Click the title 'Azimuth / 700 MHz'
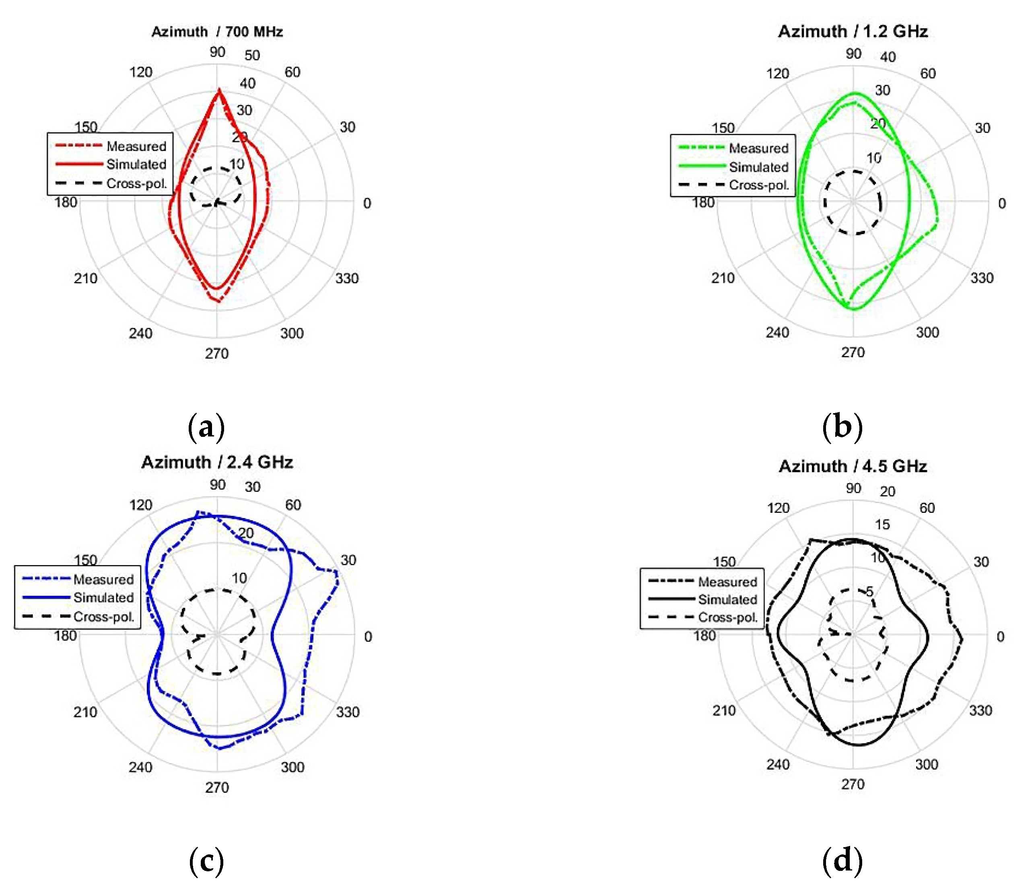coord(217,32)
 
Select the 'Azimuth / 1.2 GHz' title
coord(853,31)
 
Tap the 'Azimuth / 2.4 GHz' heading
coord(217,463)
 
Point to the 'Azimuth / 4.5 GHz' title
coord(853,467)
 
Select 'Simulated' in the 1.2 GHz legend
coord(758,167)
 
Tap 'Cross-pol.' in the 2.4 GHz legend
coord(104,617)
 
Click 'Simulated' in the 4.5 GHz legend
coord(727,600)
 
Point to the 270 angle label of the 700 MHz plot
coord(216,354)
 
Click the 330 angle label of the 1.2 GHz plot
coord(982,278)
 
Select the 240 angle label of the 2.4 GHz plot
coord(140,767)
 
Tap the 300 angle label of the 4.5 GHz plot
coord(927,764)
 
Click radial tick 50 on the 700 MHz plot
coord(252,56)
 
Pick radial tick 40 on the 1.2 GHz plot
coord(888,57)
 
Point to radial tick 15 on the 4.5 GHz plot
coord(882,524)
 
